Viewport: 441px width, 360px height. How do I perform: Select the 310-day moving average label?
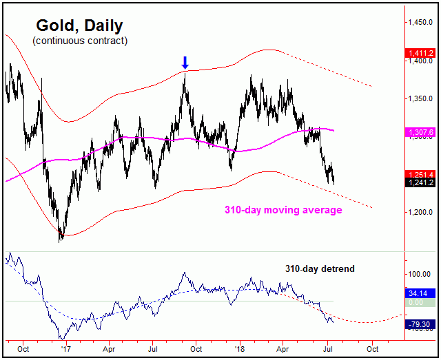pyautogui.click(x=284, y=210)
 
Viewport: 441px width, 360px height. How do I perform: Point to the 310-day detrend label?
pyautogui.click(x=320, y=268)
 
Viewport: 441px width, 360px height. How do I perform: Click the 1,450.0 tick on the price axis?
pyautogui.click(x=420, y=23)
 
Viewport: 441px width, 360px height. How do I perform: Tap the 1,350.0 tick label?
pyautogui.click(x=420, y=99)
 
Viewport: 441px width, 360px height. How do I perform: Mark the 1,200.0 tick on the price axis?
pyautogui.click(x=420, y=213)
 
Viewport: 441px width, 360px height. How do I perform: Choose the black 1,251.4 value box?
pyautogui.click(x=420, y=173)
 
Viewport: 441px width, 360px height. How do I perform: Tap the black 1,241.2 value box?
pyautogui.click(x=420, y=182)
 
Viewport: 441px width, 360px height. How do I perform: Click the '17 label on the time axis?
pyautogui.click(x=65, y=349)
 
